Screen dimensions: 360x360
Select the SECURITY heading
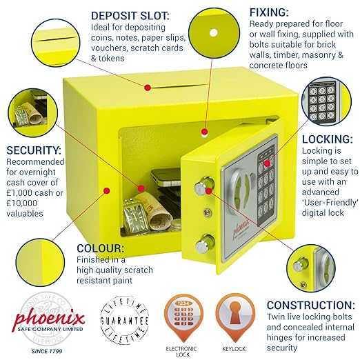pos(32,150)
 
